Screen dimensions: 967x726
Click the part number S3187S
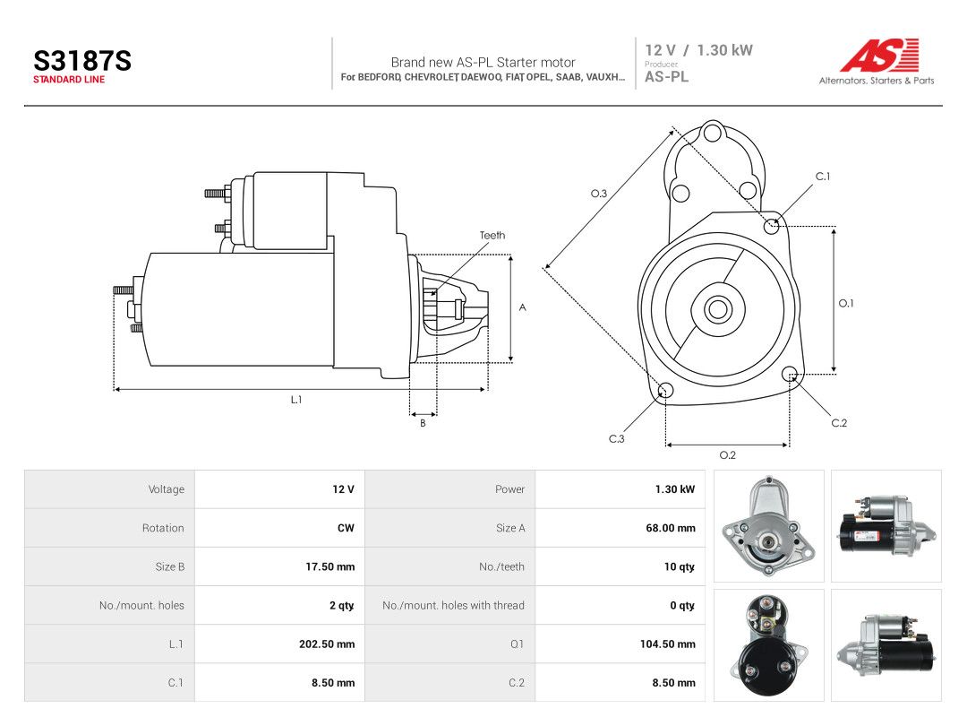tap(82, 61)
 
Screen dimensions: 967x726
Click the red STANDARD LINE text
tap(69, 80)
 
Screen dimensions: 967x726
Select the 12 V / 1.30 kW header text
tap(698, 50)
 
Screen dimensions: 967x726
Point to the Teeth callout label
tap(492, 235)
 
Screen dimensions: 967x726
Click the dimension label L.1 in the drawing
tap(296, 400)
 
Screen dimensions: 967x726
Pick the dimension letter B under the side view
tap(423, 423)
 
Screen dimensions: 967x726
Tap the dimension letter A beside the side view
tap(522, 307)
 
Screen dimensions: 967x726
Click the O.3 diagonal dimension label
tap(599, 194)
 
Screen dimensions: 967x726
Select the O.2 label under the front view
tap(728, 455)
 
